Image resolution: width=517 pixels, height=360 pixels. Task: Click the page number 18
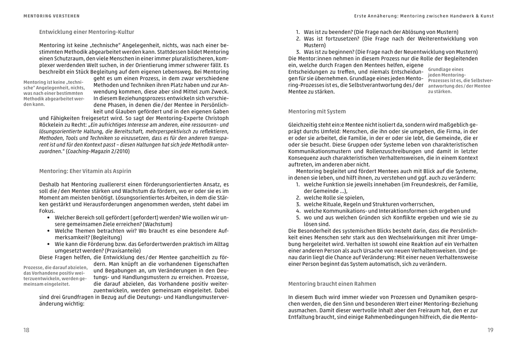point(26,330)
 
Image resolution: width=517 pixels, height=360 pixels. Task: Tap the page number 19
point(490,330)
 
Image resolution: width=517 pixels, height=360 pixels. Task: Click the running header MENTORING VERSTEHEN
point(51,16)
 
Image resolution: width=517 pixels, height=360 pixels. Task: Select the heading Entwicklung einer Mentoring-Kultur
point(86,32)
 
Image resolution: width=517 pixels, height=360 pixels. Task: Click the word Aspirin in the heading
point(121,171)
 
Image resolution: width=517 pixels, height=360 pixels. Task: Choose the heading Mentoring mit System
point(317,111)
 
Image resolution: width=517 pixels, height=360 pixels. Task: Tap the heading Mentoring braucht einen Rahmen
point(332,284)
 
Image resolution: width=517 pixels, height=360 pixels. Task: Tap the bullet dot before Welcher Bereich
point(48,218)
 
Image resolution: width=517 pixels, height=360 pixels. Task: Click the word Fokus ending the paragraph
point(47,211)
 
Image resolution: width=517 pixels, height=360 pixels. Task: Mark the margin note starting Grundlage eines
point(460,80)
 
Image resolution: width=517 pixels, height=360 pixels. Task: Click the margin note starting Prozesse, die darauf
point(55,275)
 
